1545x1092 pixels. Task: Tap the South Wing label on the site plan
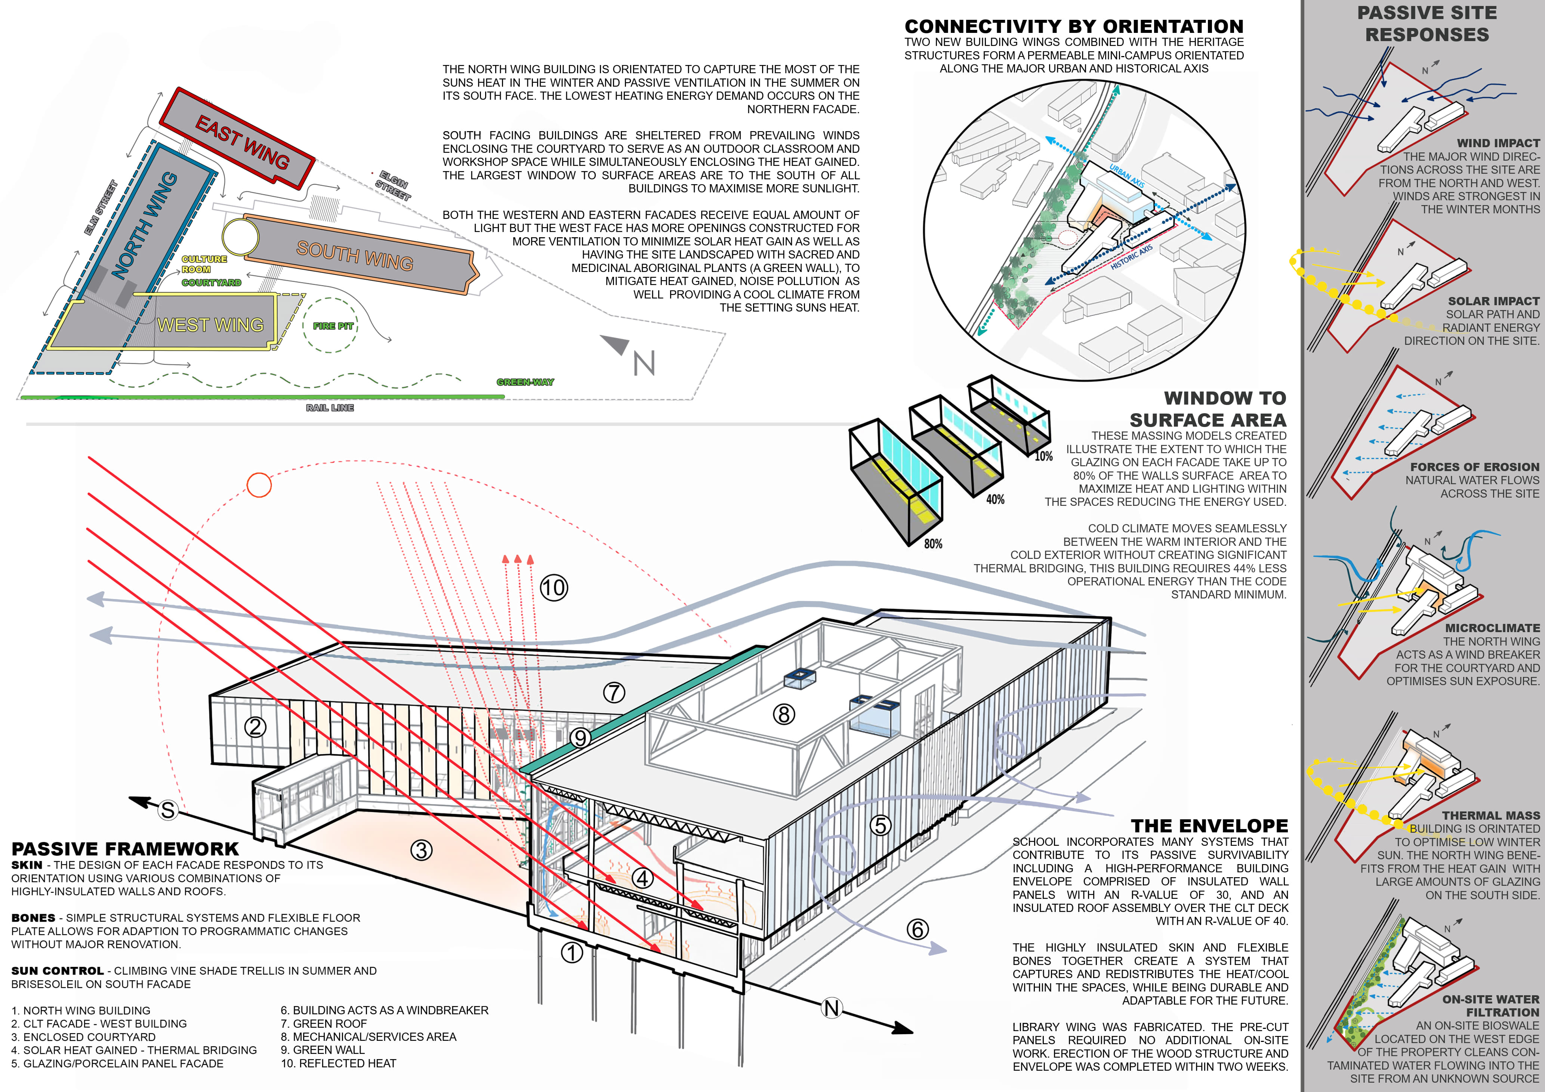point(355,255)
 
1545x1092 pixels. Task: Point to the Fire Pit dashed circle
point(330,326)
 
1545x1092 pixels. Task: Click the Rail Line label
point(330,408)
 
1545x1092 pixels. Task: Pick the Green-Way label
point(525,382)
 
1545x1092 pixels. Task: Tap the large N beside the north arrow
point(644,364)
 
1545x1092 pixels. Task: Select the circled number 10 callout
point(554,587)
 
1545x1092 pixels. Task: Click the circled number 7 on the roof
point(614,692)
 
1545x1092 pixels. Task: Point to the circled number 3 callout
point(421,850)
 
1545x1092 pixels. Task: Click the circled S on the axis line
point(167,810)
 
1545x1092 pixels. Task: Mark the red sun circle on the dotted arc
point(259,485)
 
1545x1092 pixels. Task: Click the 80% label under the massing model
point(933,544)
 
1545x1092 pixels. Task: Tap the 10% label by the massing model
point(1043,456)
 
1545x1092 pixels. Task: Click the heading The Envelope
point(1209,826)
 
